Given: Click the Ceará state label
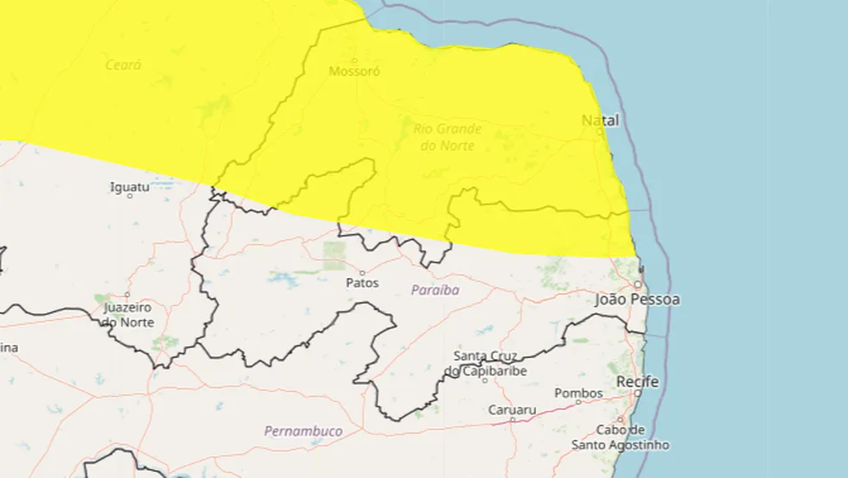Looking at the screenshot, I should [x=123, y=65].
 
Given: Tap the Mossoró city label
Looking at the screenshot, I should [x=354, y=72].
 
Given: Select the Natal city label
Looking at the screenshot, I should [x=600, y=120].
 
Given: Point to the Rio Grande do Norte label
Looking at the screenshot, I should [x=447, y=137].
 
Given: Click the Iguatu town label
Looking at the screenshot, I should [x=130, y=186].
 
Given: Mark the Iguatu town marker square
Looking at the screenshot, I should [x=130, y=197].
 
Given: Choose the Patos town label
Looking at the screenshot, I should [x=362, y=282].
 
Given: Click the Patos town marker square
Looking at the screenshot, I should [x=362, y=273].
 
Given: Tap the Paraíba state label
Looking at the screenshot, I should [x=435, y=290].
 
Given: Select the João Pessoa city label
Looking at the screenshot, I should [x=637, y=299].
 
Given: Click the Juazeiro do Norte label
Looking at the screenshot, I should [x=128, y=315].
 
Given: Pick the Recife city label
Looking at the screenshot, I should [x=637, y=381].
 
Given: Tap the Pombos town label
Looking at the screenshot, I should [x=578, y=393].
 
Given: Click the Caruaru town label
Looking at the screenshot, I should [x=512, y=410].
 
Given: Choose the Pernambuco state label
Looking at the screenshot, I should [x=302, y=431].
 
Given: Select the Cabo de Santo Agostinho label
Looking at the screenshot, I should [x=620, y=437].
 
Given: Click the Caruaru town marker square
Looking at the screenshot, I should [x=512, y=420].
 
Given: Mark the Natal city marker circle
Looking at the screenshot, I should [x=600, y=132].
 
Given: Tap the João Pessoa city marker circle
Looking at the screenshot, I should [x=638, y=285].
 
